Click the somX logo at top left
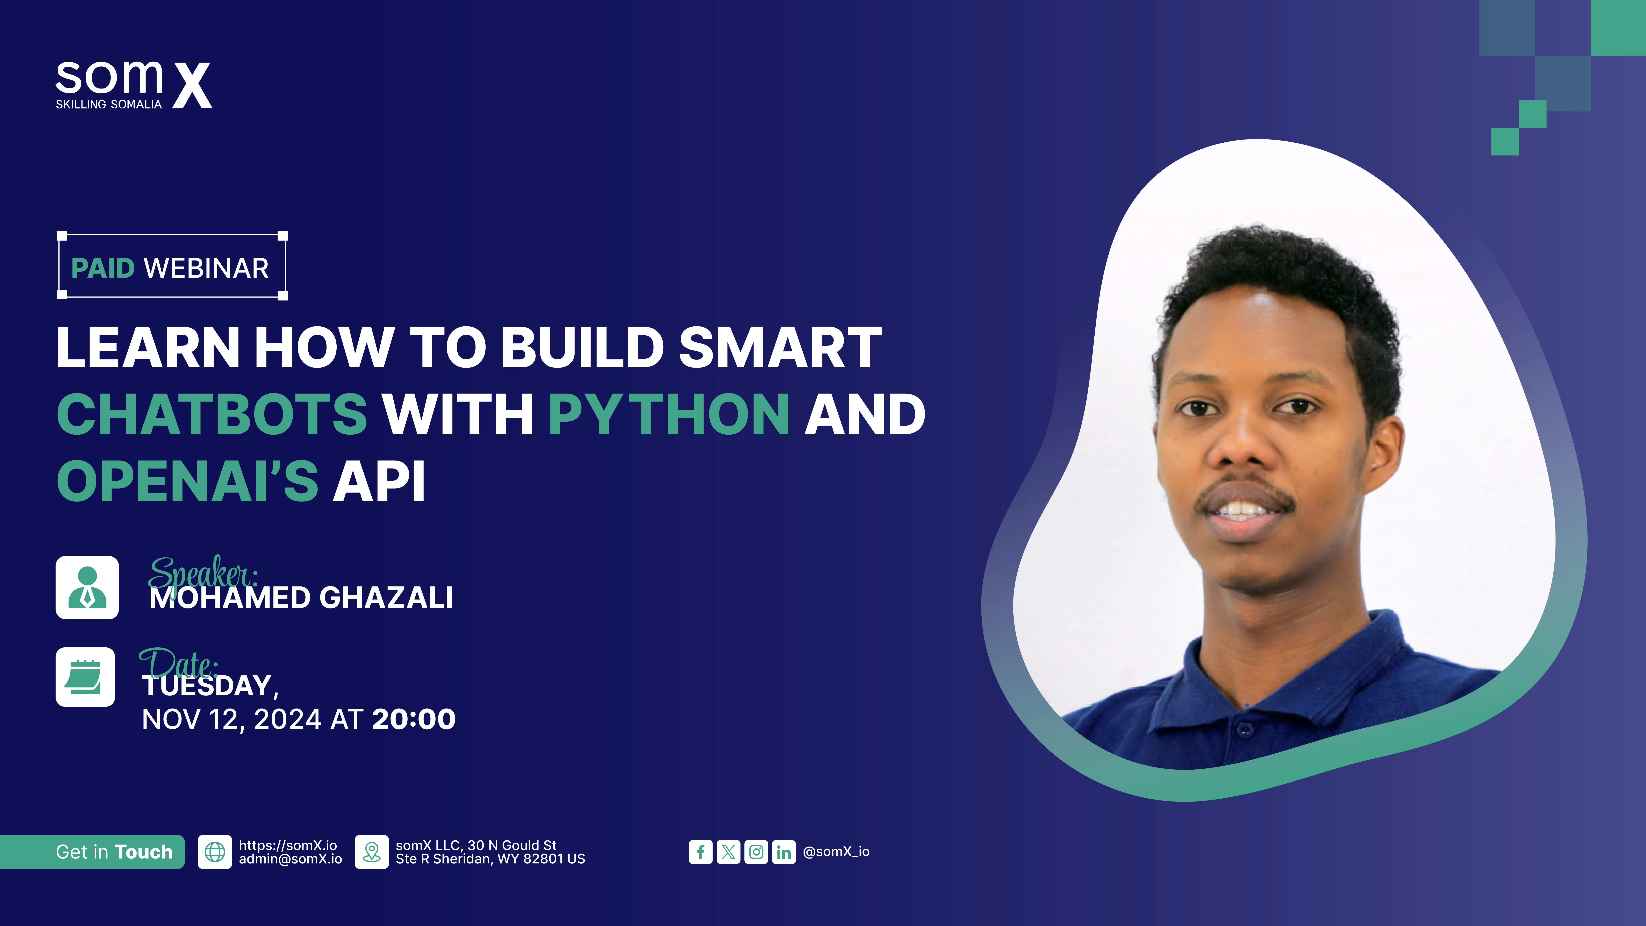pyautogui.click(x=133, y=85)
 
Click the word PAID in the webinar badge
pyautogui.click(x=103, y=268)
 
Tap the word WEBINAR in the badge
pyautogui.click(x=206, y=268)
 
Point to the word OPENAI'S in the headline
pyautogui.click(x=187, y=481)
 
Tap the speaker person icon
pyautogui.click(x=87, y=587)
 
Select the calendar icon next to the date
pyautogui.click(x=85, y=677)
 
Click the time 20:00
pyautogui.click(x=413, y=720)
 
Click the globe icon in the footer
pyautogui.click(x=215, y=852)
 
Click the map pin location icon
pyautogui.click(x=371, y=852)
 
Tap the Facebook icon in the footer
pyautogui.click(x=700, y=852)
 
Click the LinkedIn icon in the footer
pyautogui.click(x=783, y=852)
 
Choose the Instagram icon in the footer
pyautogui.click(x=756, y=852)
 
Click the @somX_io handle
pyautogui.click(x=836, y=852)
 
